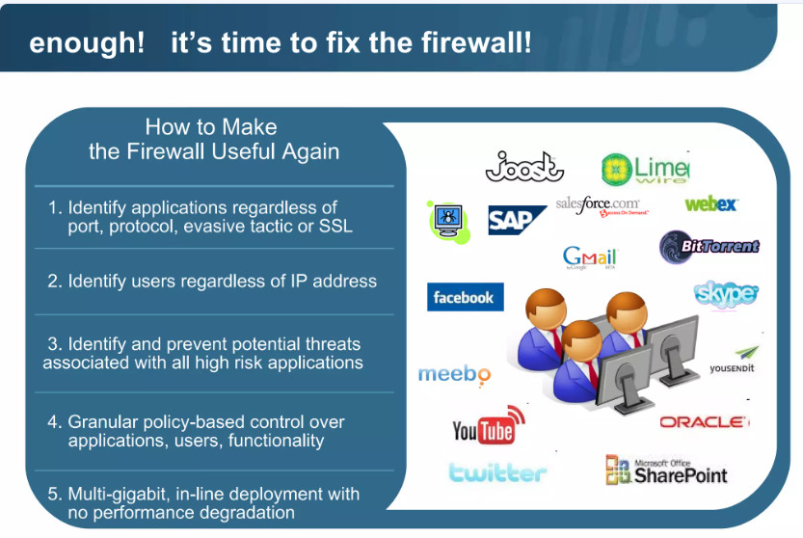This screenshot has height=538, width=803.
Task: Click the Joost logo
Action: point(524,167)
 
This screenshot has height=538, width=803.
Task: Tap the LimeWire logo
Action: point(645,169)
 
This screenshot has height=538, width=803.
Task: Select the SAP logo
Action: point(517,221)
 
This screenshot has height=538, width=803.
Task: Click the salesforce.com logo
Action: point(602,206)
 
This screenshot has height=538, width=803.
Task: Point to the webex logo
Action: point(710,204)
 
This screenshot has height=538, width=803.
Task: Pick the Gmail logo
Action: point(589,258)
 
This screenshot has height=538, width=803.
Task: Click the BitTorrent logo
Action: point(709,247)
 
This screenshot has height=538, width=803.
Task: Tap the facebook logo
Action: point(465,297)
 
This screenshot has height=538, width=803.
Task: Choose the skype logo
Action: point(726,294)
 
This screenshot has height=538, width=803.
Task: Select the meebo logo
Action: point(454,375)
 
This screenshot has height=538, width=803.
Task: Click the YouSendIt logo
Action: point(734,361)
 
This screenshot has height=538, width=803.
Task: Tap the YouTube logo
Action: point(489,425)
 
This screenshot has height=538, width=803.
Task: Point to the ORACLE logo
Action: point(704,422)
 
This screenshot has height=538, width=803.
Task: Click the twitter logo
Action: point(497,472)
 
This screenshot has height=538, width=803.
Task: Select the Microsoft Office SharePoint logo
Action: point(666,470)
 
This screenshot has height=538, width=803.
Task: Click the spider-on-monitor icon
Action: point(448,223)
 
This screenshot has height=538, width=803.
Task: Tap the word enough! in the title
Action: point(87,42)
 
